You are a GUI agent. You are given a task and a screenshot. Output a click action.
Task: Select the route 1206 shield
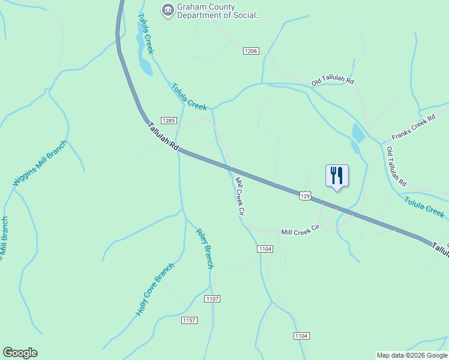[x=251, y=52]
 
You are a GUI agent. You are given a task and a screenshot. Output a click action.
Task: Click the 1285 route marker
[x=169, y=121]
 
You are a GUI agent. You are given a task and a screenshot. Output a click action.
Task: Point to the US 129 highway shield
[x=306, y=196]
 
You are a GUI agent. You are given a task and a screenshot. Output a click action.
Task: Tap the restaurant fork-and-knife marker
[x=337, y=176]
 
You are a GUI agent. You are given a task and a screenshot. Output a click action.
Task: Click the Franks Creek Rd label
[x=413, y=127]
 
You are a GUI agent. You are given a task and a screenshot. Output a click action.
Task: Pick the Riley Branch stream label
[x=205, y=248]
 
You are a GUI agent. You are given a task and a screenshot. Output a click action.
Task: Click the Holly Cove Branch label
[x=155, y=289]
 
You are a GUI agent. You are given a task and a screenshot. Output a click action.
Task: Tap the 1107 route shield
[x=212, y=298]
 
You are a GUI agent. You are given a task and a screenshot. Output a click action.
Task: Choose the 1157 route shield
[x=189, y=320]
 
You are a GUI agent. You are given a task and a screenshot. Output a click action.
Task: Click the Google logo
[x=20, y=353]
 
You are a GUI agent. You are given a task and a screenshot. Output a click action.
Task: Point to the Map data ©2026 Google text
[x=412, y=355]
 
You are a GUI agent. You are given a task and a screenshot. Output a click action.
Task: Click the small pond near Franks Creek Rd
[x=358, y=133]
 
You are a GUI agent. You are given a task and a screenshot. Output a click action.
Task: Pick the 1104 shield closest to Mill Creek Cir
[x=265, y=248]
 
